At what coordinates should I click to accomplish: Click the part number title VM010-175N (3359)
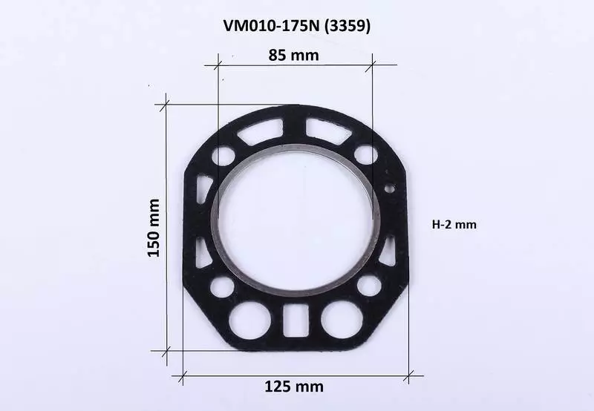coord(296,26)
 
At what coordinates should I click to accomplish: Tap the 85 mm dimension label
coord(293,55)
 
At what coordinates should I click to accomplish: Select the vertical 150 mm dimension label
coord(154,228)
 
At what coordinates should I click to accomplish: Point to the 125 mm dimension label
coord(294,387)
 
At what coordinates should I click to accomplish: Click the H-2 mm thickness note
coord(454,225)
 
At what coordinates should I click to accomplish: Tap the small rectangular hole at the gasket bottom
coord(296,320)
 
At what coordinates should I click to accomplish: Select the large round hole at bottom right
coord(342,321)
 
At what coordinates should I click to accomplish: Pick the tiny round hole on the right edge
coord(389,188)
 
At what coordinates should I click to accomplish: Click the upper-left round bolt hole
coord(223,155)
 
